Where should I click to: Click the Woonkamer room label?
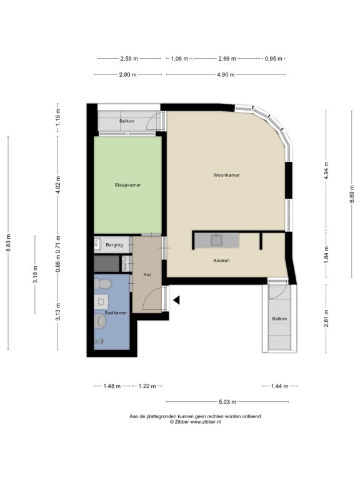(x=226, y=175)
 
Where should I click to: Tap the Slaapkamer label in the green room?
(x=127, y=185)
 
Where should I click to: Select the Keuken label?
(x=221, y=261)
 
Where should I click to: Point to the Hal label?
(x=147, y=274)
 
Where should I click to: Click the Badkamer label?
(x=116, y=313)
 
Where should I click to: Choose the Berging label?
(x=114, y=245)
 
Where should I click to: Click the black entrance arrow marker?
(x=176, y=300)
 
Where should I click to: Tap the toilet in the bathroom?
(x=102, y=284)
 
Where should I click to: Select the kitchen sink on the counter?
(x=217, y=240)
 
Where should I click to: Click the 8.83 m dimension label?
(x=8, y=242)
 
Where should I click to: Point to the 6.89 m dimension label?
(x=352, y=194)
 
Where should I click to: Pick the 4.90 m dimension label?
(x=226, y=74)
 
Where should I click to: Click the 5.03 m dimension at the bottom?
(x=227, y=402)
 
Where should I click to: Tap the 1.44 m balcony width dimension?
(x=279, y=386)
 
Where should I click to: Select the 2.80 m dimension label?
(x=128, y=74)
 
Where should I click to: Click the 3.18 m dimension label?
(x=35, y=274)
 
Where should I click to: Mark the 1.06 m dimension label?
(x=179, y=59)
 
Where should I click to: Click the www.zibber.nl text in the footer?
(x=205, y=422)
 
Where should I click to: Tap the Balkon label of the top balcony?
(x=126, y=121)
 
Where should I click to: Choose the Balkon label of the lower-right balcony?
(x=279, y=319)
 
